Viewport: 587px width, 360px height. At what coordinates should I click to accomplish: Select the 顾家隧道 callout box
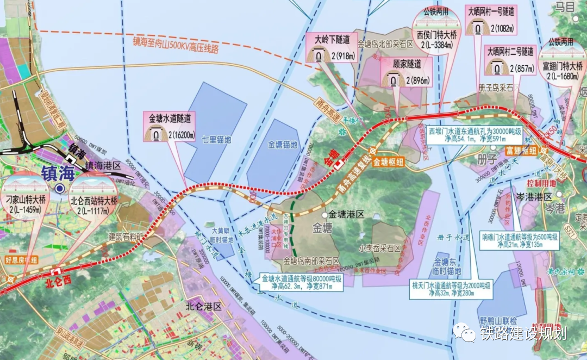[x=406, y=73]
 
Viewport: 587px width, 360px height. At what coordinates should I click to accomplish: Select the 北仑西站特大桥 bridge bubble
[x=93, y=197]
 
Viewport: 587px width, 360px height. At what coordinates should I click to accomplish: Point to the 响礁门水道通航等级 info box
[x=520, y=241]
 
